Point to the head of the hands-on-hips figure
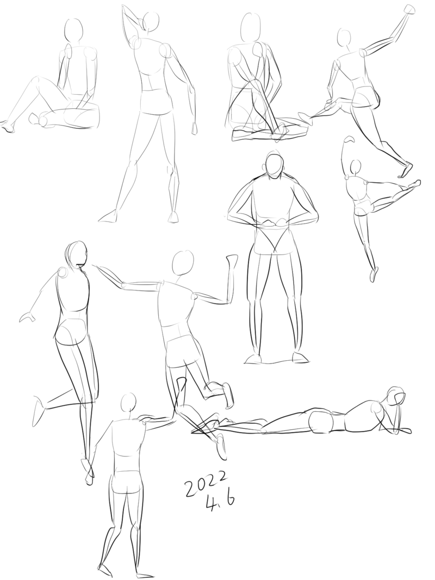pos(275,166)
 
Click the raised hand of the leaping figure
pos(409,9)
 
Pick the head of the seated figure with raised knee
pos(73,29)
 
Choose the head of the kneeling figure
pos(251,27)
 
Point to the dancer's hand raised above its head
pos(349,139)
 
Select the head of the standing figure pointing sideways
pos(128,403)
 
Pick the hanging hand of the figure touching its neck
pos(195,128)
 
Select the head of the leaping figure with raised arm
pos(344,37)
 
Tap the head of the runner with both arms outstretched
pos(183,263)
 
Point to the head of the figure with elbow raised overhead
pos(151,22)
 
